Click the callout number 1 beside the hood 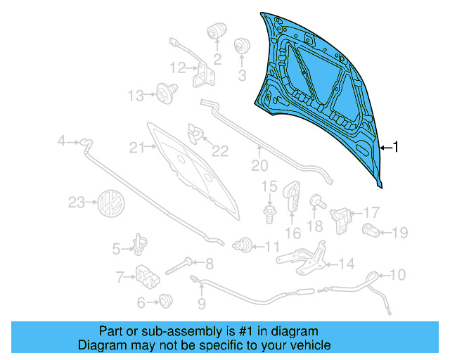[396, 147]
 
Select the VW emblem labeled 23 [111, 203]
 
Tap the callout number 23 [76, 203]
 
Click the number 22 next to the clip [221, 150]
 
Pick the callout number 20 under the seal [260, 166]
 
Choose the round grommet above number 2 [214, 32]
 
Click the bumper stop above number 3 [242, 45]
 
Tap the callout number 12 [178, 68]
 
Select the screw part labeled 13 [166, 91]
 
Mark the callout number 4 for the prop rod [62, 142]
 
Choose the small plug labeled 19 [371, 229]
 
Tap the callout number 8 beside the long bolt [208, 264]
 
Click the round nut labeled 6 [166, 301]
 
